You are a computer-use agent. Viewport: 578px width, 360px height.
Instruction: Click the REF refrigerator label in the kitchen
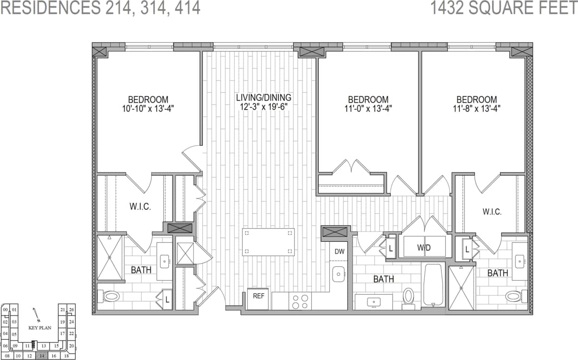(258, 295)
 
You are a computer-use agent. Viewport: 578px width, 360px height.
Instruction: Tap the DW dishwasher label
(339, 252)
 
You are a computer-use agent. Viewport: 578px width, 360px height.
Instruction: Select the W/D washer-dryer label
(424, 248)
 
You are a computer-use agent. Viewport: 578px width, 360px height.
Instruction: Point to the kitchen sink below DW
(340, 274)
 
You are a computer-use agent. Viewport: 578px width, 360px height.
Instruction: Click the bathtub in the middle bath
(434, 285)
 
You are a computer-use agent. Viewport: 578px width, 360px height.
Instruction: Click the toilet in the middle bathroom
(408, 296)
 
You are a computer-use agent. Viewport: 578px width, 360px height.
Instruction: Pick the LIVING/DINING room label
(263, 98)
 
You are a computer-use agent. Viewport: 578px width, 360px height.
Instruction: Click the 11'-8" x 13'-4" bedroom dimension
(476, 109)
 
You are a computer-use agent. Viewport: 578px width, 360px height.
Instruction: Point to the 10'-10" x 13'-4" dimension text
(148, 109)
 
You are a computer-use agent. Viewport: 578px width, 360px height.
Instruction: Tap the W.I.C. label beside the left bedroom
(140, 207)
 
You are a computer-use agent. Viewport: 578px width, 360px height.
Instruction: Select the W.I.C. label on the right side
(492, 212)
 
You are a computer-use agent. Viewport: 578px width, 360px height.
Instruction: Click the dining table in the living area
(268, 242)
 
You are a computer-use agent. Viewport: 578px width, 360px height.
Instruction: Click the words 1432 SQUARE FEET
(504, 8)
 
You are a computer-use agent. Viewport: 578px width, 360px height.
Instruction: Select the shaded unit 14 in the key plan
(42, 356)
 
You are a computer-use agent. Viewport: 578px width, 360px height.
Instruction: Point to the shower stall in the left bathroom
(110, 258)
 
